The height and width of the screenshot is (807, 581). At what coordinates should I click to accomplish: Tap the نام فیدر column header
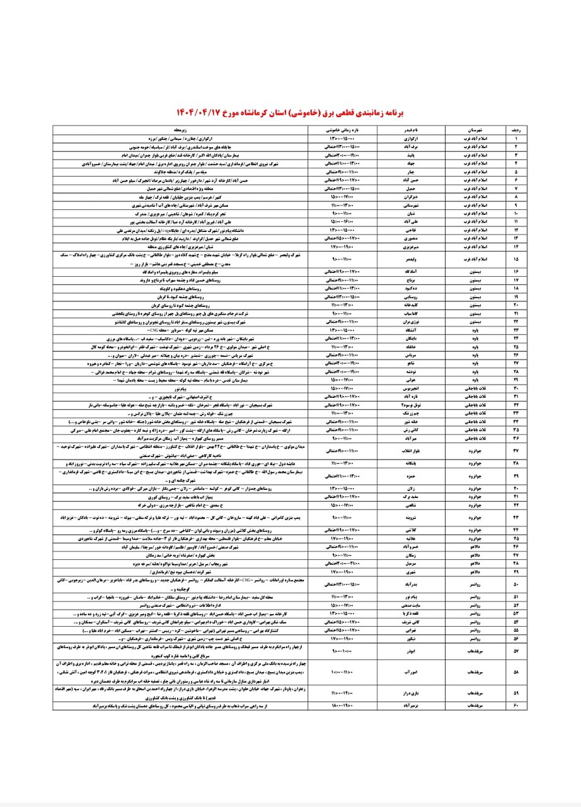(x=411, y=130)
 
